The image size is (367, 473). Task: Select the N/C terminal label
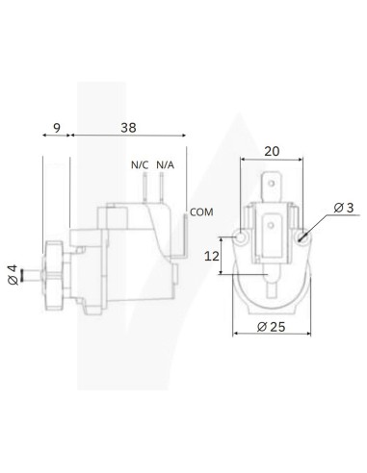click(140, 164)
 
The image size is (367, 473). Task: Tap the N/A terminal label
click(165, 164)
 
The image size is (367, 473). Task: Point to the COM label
click(200, 211)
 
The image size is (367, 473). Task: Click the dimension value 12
click(214, 257)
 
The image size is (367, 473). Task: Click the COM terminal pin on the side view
click(183, 232)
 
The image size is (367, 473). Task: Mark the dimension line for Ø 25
click(274, 336)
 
